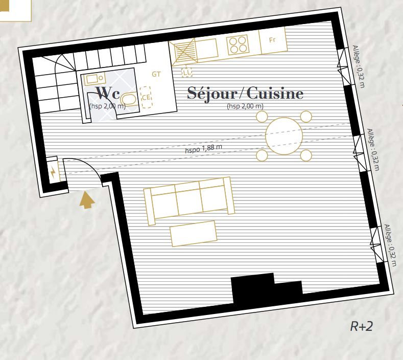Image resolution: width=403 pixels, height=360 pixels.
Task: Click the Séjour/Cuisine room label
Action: (245, 94)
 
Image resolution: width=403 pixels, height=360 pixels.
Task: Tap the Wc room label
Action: (108, 93)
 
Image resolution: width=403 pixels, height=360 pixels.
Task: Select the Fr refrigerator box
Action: (273, 40)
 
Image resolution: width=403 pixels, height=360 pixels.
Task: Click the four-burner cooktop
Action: (238, 45)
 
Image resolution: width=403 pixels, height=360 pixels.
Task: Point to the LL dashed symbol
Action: (187, 73)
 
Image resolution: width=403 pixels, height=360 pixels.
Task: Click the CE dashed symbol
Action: (146, 97)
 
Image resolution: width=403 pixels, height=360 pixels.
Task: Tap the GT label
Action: (156, 74)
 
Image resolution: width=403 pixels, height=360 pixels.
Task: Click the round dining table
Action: (284, 136)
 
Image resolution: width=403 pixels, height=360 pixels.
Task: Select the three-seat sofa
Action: (189, 201)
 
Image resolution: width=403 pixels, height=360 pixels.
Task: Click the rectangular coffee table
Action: (193, 234)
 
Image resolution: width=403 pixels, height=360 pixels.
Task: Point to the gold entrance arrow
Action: (87, 200)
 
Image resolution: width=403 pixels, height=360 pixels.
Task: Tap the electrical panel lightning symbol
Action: (53, 172)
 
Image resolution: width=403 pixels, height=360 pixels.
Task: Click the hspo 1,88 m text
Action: (204, 149)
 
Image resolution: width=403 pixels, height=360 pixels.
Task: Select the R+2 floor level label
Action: (361, 326)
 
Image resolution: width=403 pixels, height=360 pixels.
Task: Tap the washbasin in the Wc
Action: (94, 78)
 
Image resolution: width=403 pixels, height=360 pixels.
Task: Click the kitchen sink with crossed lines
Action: (184, 52)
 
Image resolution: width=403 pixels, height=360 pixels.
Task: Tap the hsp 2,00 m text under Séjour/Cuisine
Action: (245, 106)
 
